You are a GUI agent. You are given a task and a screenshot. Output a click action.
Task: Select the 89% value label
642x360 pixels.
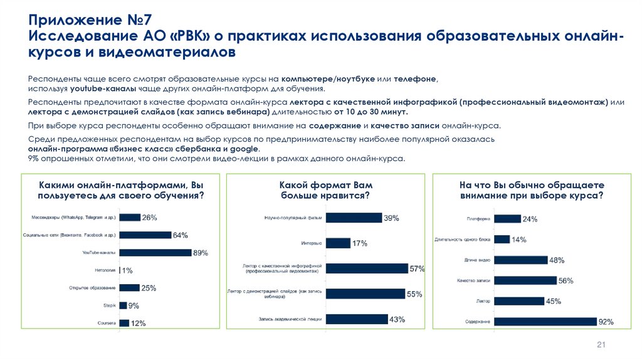pos(200,253)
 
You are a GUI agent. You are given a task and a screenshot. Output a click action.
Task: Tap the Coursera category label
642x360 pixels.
pos(106,323)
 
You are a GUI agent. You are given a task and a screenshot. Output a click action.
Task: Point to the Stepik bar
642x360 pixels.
pos(123,305)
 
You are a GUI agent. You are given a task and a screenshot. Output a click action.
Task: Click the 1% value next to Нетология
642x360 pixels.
pos(127,270)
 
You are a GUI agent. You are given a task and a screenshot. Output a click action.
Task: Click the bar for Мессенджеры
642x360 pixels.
pos(130,217)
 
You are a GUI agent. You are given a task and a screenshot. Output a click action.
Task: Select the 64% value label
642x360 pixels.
pos(181,235)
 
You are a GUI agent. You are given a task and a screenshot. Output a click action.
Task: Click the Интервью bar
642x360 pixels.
pos(338,243)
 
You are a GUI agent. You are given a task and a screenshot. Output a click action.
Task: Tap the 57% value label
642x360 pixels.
pos(417,268)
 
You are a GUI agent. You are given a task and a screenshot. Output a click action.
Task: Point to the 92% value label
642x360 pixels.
pos(606,322)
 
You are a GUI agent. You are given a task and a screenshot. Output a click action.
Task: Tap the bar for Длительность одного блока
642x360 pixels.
pos(501,240)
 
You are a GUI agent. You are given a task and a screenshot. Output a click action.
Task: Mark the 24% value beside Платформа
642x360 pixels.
pos(530,219)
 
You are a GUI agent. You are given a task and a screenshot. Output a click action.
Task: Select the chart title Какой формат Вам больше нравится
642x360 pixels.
pos(323,191)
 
